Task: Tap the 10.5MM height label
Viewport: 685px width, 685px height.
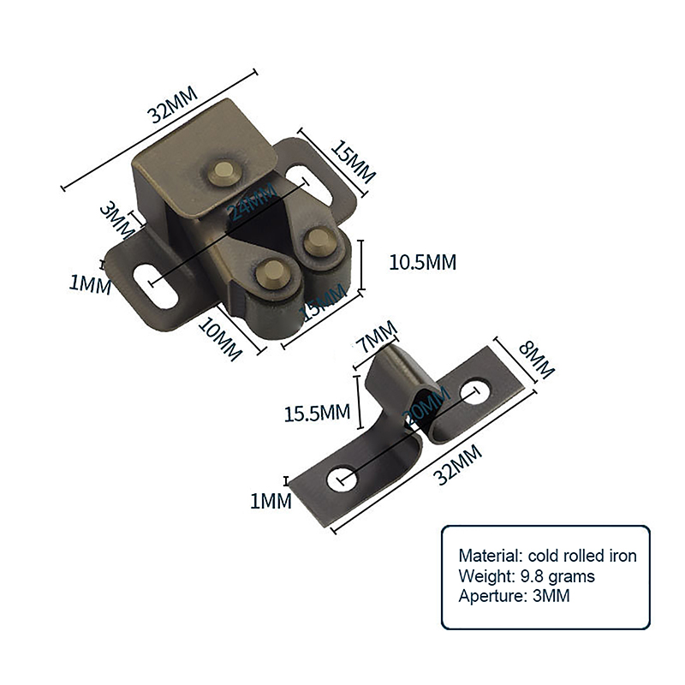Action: pyautogui.click(x=423, y=262)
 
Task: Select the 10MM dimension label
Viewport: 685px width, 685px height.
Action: pyautogui.click(x=218, y=338)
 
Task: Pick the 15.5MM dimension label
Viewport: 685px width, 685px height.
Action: pyautogui.click(x=318, y=413)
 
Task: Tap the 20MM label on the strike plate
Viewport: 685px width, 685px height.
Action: pyautogui.click(x=425, y=408)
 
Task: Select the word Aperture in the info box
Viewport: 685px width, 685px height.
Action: pyautogui.click(x=489, y=596)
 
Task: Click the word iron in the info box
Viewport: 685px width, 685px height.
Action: pyautogui.click(x=620, y=556)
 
